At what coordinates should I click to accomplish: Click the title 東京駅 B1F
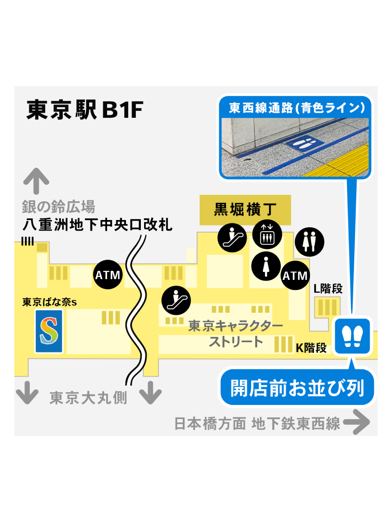85,109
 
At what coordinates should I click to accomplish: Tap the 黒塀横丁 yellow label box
245,210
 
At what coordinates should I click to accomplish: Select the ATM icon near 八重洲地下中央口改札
108,275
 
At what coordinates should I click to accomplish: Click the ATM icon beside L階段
295,275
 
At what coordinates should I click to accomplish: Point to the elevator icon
267,234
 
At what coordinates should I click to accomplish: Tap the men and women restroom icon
309,242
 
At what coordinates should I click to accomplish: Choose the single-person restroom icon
266,266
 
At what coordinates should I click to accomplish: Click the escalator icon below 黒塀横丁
232,238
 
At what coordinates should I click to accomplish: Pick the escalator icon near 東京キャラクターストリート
176,301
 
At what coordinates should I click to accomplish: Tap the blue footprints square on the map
352,336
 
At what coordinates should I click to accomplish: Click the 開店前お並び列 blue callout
297,388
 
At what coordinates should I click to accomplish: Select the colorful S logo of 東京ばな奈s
49,331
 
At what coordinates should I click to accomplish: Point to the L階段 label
328,289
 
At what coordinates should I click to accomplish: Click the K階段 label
311,348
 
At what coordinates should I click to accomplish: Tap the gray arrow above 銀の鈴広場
36,181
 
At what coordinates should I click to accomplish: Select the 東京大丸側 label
88,398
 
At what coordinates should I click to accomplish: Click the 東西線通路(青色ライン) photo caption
296,108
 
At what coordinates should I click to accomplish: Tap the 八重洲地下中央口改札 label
97,225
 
